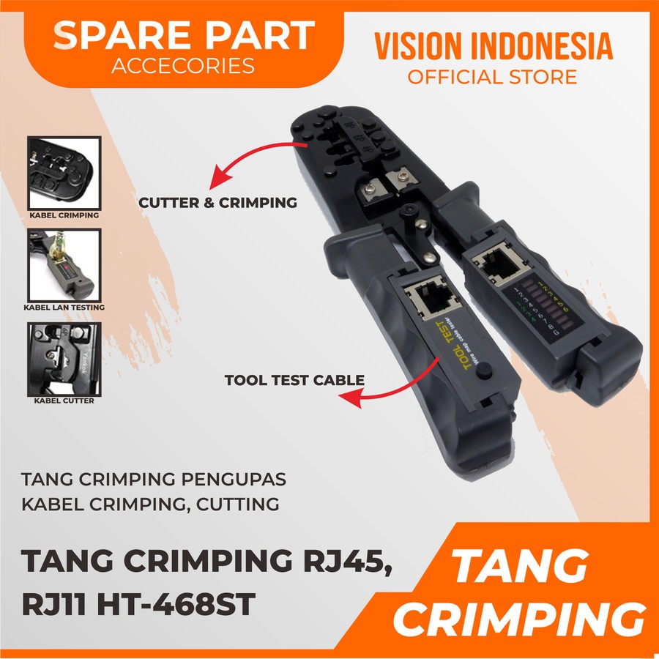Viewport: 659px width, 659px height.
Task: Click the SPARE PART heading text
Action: point(184,36)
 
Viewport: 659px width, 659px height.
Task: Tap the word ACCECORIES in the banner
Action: point(184,67)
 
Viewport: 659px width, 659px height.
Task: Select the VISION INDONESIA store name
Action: point(494,46)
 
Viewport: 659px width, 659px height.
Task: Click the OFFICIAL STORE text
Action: point(493,76)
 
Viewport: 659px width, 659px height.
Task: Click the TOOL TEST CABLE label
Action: point(294,380)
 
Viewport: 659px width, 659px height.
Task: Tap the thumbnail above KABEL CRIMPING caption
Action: point(63,171)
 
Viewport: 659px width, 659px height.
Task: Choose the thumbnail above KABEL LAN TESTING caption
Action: point(63,264)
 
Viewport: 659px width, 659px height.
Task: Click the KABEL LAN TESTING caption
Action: point(64,308)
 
